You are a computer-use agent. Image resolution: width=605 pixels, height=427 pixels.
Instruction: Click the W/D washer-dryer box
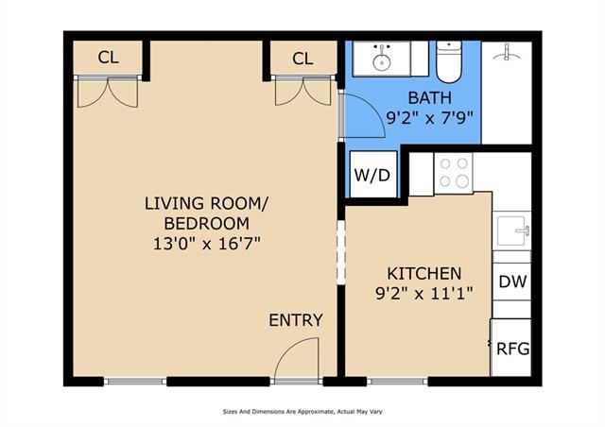pyautogui.click(x=373, y=175)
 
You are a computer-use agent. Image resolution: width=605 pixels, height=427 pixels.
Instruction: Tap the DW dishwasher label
pyautogui.click(x=512, y=282)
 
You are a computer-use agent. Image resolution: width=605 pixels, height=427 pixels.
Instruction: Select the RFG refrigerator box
pyautogui.click(x=510, y=347)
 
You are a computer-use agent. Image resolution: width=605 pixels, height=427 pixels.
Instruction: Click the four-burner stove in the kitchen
pyautogui.click(x=454, y=173)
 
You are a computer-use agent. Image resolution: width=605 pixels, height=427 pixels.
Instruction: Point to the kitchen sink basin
pyautogui.click(x=511, y=231)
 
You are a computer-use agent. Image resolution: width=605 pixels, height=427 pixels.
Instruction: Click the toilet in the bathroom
pyautogui.click(x=449, y=61)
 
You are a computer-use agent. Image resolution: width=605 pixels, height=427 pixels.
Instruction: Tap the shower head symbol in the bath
pyautogui.click(x=507, y=53)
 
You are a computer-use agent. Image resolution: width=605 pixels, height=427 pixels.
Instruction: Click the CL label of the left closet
pyautogui.click(x=109, y=58)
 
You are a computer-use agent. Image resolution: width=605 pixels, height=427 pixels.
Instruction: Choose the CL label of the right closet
pyautogui.click(x=302, y=59)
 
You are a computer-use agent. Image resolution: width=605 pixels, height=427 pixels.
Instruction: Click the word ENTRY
pyautogui.click(x=296, y=320)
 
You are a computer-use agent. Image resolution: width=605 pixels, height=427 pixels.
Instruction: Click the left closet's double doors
pyautogui.click(x=108, y=92)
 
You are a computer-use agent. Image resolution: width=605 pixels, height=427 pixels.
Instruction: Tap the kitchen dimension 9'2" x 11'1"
pyautogui.click(x=424, y=295)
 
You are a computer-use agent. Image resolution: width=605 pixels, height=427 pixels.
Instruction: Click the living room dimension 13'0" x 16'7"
pyautogui.click(x=207, y=244)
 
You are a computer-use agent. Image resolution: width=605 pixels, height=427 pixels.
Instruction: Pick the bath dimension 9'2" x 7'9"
pyautogui.click(x=429, y=117)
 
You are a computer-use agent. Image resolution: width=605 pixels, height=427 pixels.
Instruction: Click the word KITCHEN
pyautogui.click(x=424, y=274)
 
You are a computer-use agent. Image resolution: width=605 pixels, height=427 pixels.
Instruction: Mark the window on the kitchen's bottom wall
pyautogui.click(x=397, y=382)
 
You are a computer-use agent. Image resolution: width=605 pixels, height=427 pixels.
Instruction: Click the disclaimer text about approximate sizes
pyautogui.click(x=302, y=412)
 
